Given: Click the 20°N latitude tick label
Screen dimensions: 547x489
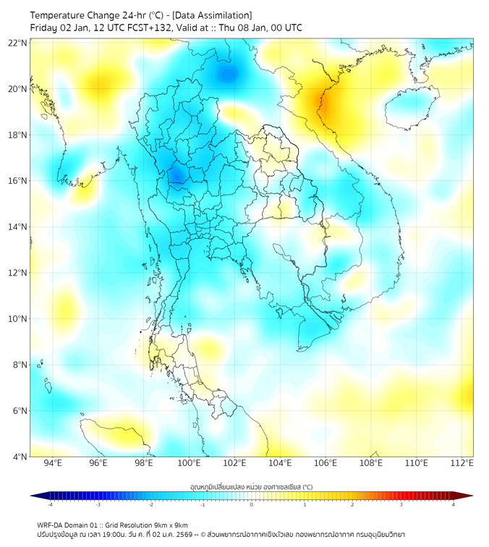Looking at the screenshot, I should point(17,89).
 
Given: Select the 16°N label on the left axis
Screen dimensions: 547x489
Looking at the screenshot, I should point(17,181).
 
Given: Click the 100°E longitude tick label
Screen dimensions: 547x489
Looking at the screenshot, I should point(189,463).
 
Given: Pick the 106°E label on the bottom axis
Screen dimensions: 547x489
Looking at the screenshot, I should point(326,463).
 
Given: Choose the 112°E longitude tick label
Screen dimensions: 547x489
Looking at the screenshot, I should point(462,463).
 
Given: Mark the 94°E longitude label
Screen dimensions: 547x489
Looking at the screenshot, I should point(53,463).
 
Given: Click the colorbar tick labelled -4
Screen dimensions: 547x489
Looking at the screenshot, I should point(49,504).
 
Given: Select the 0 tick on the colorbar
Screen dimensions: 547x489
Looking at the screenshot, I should point(252,504).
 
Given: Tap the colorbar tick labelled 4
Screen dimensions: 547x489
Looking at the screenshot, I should point(454,504).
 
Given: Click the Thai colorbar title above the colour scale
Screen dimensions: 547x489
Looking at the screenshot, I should point(251,486).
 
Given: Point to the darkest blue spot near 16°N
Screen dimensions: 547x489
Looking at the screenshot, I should point(176,175).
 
